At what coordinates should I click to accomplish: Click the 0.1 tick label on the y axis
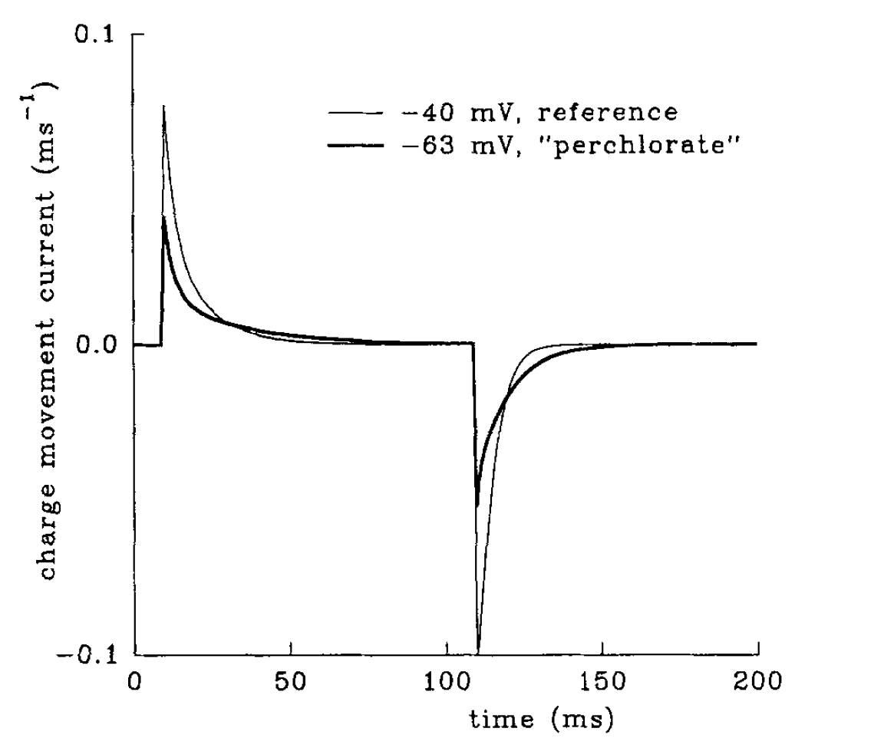click(x=100, y=36)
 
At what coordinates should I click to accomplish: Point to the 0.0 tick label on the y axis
click(x=100, y=345)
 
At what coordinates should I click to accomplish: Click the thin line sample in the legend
click(x=355, y=114)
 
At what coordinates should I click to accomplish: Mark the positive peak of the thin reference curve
click(x=164, y=106)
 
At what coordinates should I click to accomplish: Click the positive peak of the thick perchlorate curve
click(x=164, y=217)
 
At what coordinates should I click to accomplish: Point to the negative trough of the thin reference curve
click(x=477, y=653)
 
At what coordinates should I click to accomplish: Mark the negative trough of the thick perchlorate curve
click(x=477, y=506)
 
